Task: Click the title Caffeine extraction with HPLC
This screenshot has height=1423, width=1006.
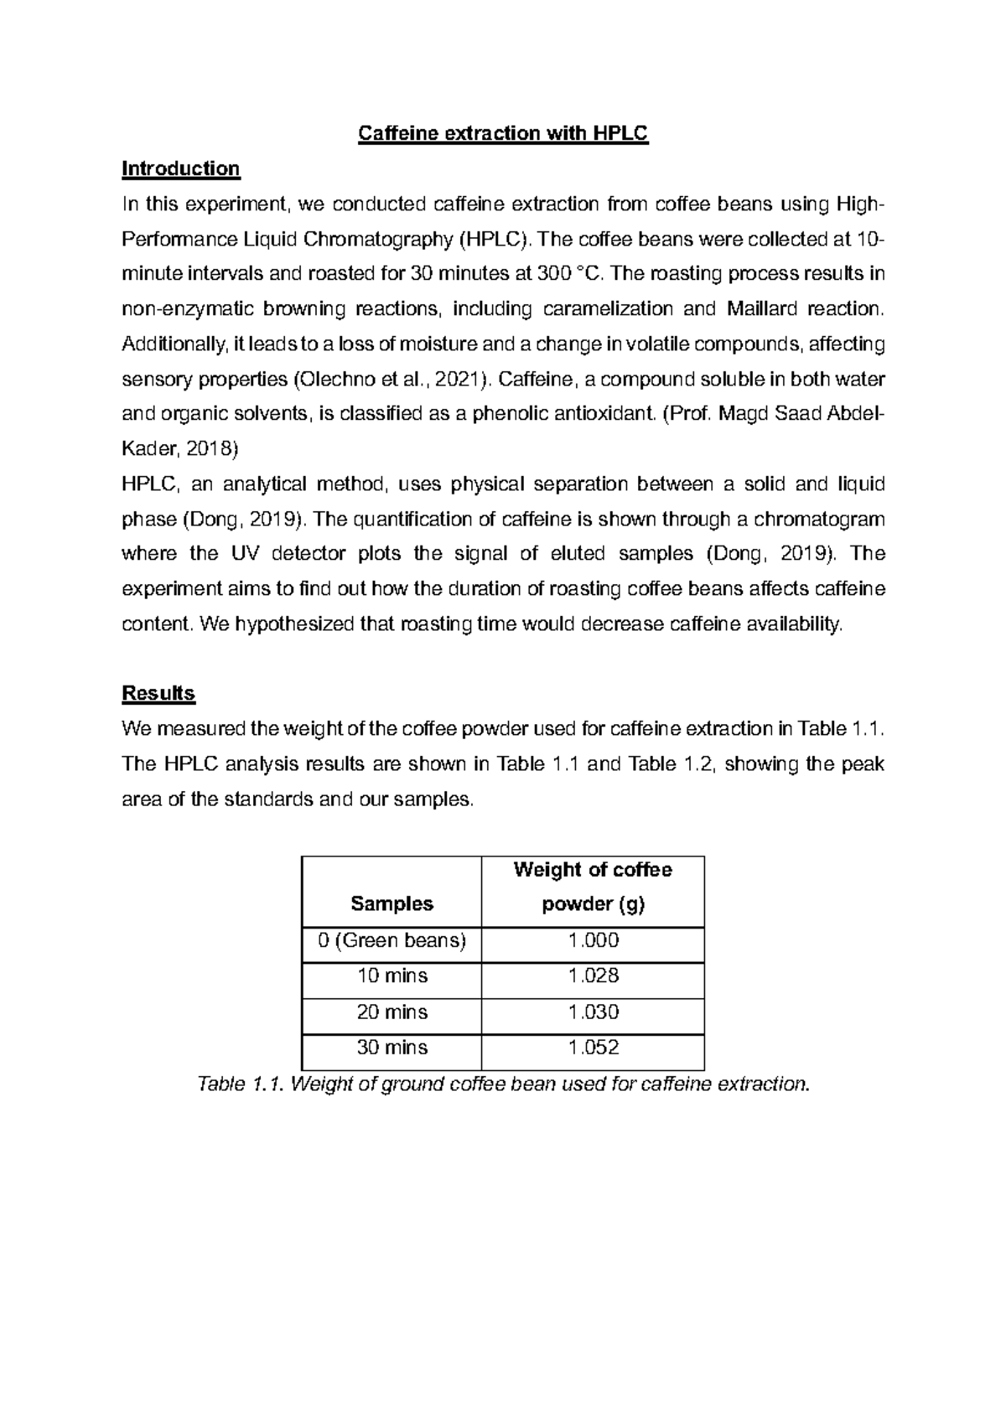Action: click(503, 133)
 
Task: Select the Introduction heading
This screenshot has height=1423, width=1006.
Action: click(181, 168)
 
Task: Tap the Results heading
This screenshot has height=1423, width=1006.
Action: click(158, 693)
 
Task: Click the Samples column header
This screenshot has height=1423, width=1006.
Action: click(392, 903)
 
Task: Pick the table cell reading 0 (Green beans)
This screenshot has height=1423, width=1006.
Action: click(392, 940)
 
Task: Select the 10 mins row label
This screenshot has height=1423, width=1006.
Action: click(392, 975)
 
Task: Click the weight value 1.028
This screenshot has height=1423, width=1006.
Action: click(594, 975)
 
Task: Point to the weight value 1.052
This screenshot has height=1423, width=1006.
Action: click(594, 1047)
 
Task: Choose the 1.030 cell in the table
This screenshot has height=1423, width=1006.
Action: click(594, 1012)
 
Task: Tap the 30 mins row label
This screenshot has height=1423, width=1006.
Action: click(392, 1047)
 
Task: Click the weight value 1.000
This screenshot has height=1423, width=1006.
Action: click(594, 940)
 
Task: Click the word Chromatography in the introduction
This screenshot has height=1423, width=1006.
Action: click(377, 239)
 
